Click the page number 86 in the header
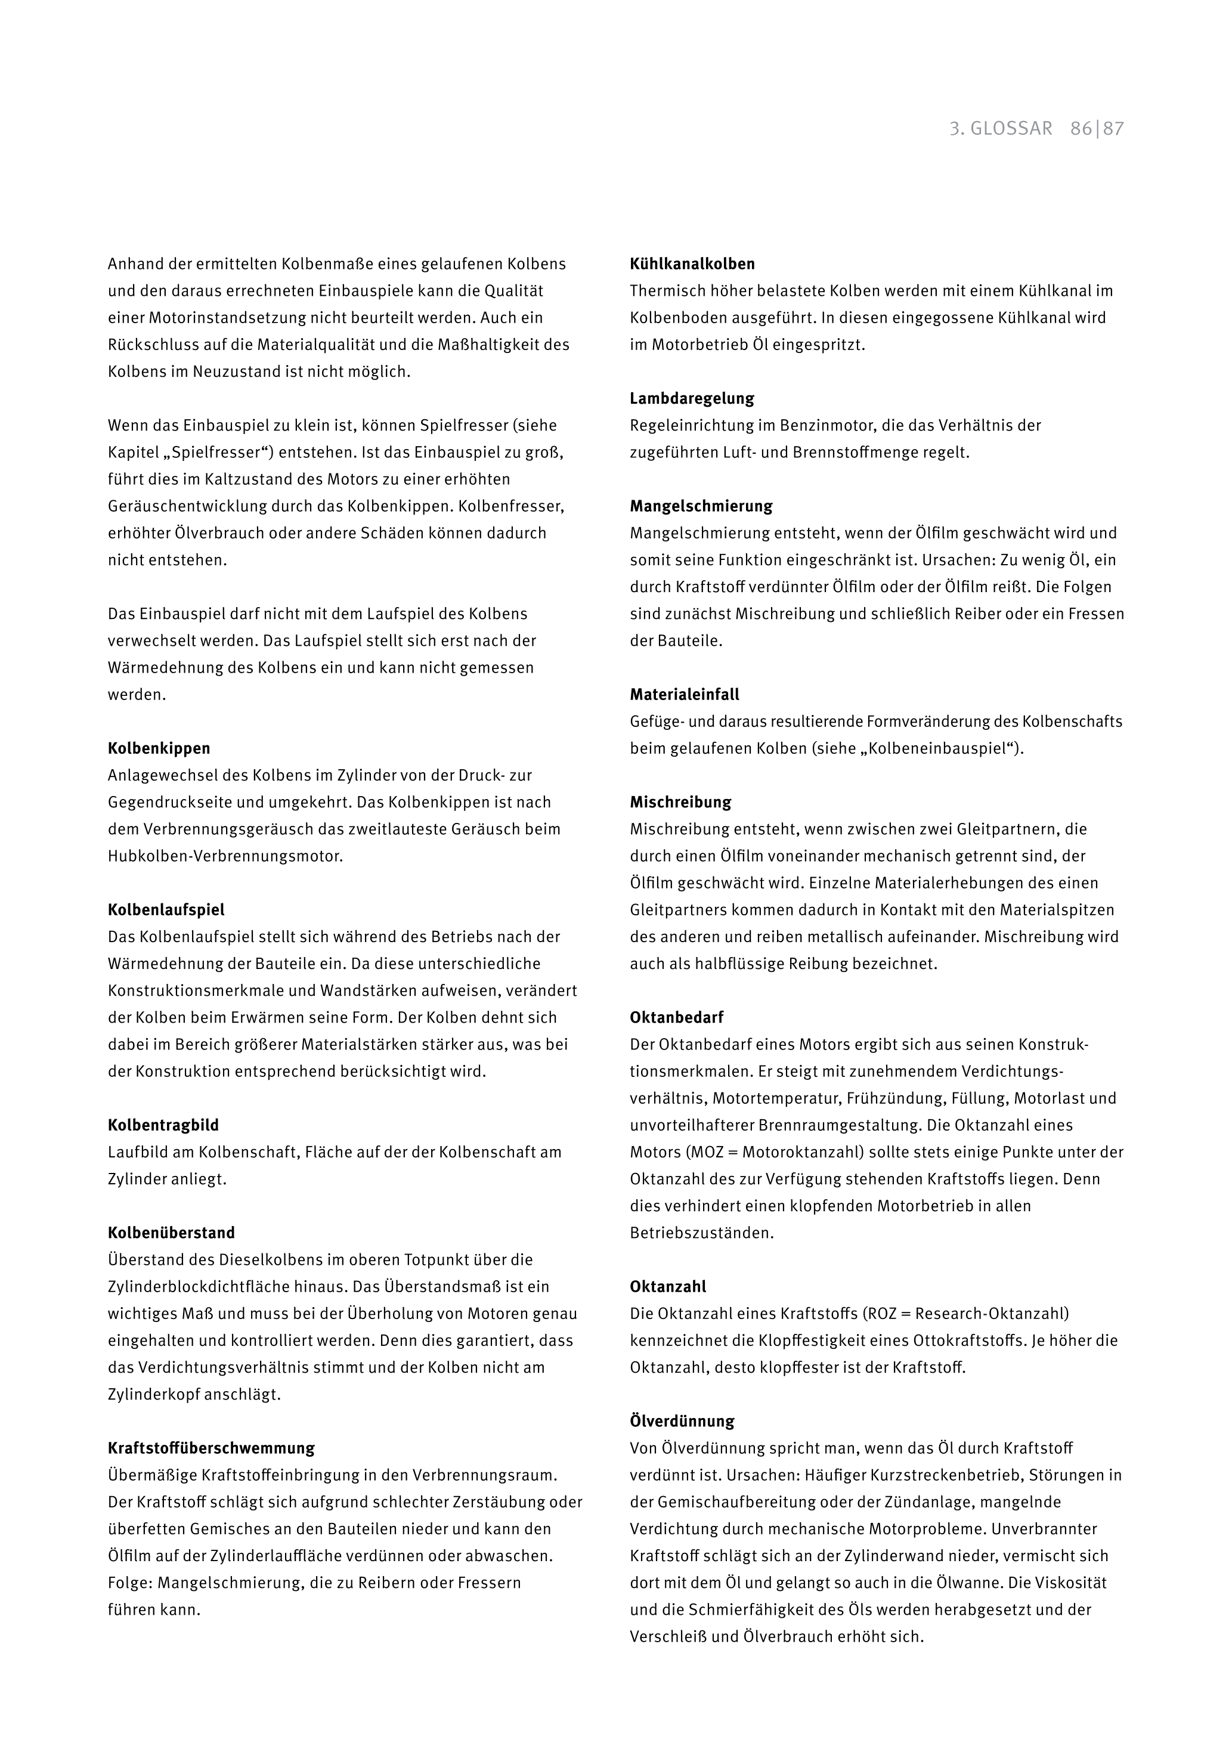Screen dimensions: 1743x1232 pos(1081,129)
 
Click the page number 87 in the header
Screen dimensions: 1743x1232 pos(1113,129)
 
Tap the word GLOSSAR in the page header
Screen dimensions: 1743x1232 pos(1011,129)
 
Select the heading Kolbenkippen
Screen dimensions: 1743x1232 pos(159,748)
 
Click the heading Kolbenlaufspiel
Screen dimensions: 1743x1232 pos(166,909)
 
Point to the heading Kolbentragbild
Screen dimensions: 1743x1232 pos(163,1125)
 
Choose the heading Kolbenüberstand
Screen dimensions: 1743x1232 pos(172,1233)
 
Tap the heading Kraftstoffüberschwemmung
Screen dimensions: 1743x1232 pos(211,1448)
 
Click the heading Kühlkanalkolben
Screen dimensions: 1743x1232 pos(692,264)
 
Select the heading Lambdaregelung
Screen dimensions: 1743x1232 pos(692,398)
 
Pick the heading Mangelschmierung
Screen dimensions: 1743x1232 pos(701,506)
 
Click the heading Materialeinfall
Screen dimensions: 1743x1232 pos(684,695)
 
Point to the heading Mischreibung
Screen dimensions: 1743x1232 pos(680,803)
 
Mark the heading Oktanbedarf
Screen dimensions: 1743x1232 pos(676,1017)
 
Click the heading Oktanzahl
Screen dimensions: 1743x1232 pos(668,1287)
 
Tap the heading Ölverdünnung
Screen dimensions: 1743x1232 pos(682,1421)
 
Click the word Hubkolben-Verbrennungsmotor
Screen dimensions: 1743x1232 pos(225,856)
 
